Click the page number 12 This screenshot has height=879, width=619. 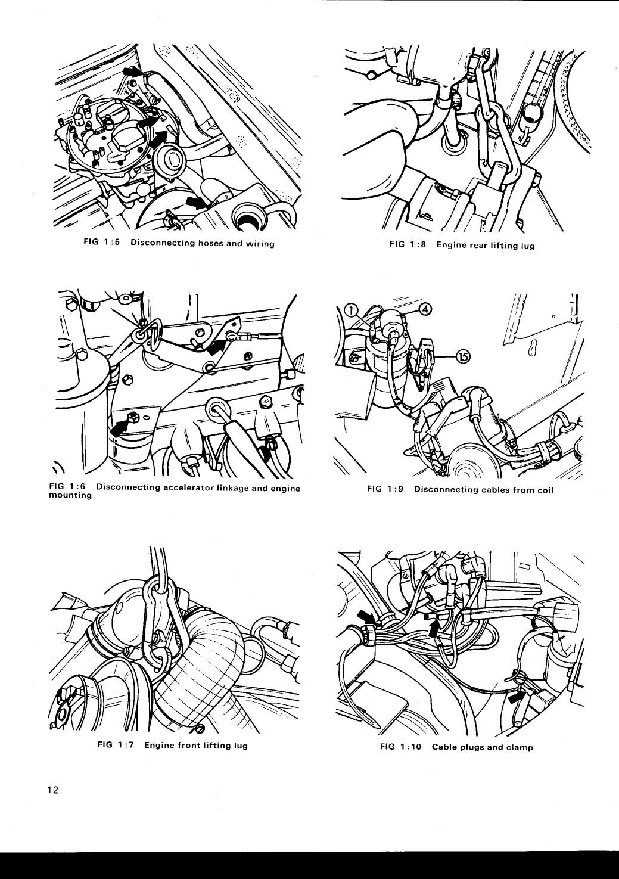click(52, 790)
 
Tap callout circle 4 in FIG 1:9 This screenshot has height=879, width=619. click(425, 309)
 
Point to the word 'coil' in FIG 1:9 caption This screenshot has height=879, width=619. click(545, 489)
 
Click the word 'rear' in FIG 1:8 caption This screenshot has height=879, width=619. click(478, 246)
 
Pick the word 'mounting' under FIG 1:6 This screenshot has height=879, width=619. click(70, 496)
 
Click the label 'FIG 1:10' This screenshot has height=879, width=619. click(400, 747)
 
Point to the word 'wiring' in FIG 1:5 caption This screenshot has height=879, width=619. click(260, 243)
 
